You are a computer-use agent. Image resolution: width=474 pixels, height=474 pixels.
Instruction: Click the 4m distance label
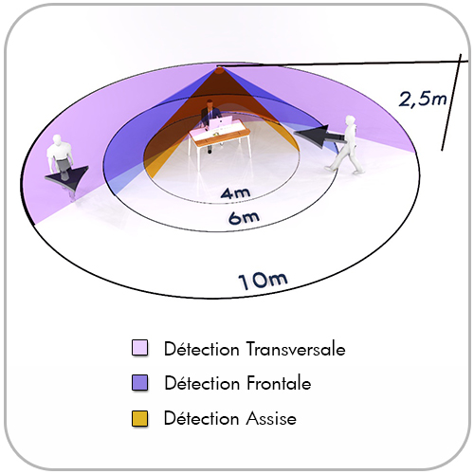pos(235,193)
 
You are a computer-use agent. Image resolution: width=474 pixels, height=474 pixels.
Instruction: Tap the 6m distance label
pos(244,218)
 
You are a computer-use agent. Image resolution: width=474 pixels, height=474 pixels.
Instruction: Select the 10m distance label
pos(263,281)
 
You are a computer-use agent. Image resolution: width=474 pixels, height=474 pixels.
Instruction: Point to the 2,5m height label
pos(423,99)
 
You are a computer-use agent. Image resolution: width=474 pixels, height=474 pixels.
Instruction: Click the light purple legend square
pos(139,348)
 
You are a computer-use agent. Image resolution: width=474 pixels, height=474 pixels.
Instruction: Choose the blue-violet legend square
pos(139,383)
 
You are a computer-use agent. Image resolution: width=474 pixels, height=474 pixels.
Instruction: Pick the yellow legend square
pos(139,418)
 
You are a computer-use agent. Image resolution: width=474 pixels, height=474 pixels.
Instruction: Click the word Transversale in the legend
pos(296,349)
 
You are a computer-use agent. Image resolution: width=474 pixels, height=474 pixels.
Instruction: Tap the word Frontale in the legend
pos(279,384)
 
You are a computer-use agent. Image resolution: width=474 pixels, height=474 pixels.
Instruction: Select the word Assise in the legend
pos(271,419)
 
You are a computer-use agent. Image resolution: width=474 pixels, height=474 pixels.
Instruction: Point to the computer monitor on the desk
pos(220,122)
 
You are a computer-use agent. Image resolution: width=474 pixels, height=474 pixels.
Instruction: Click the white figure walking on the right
pos(345,144)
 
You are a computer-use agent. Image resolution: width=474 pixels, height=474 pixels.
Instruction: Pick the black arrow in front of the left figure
pos(67,177)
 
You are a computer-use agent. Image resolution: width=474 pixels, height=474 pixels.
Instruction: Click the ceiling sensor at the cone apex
pos(219,70)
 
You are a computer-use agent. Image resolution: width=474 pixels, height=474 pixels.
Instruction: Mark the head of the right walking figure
pos(351,120)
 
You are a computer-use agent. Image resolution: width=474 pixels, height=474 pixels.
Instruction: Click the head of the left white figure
pos(57,139)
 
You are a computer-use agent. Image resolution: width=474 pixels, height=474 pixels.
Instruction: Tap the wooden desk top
pos(220,136)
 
